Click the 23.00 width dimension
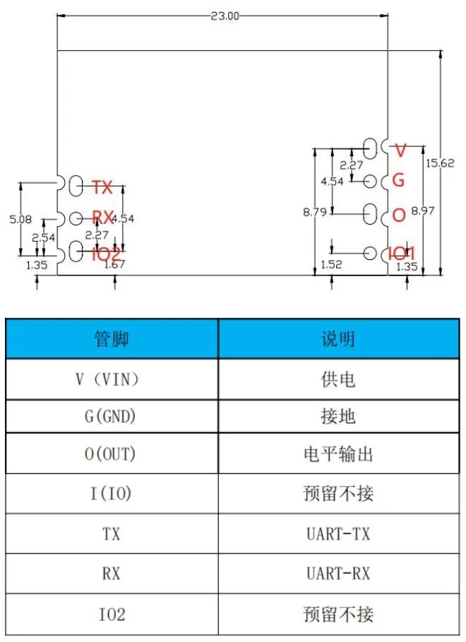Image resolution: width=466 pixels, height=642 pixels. click(x=224, y=16)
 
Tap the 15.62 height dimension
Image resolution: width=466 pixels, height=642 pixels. click(x=439, y=162)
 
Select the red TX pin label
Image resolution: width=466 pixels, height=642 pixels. click(x=102, y=187)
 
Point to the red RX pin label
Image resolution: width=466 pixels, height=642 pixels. click(x=103, y=218)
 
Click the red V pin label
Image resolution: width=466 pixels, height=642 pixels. click(x=400, y=150)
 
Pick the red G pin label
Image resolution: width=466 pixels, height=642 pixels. click(x=398, y=180)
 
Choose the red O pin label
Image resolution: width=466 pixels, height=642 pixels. click(x=399, y=215)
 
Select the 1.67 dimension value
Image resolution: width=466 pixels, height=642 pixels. click(x=114, y=265)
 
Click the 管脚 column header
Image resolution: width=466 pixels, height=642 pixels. click(x=112, y=339)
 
